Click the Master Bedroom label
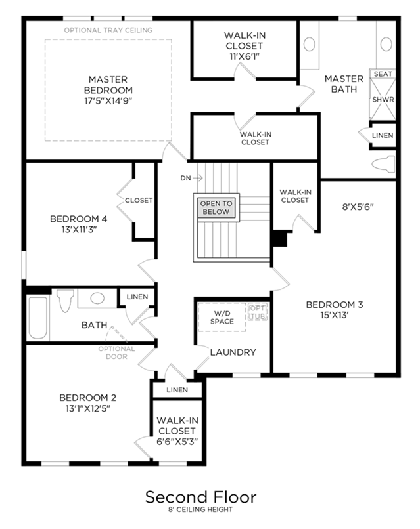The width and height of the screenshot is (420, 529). [108, 85]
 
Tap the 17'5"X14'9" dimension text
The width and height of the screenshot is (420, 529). [108, 101]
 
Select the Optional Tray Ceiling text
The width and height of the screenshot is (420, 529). [108, 30]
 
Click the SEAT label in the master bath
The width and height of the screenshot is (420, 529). [383, 74]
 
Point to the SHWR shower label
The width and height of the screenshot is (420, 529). [383, 100]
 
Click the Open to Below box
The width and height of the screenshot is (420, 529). [216, 207]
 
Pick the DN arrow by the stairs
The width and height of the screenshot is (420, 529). [198, 178]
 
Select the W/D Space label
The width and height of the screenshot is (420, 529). [222, 318]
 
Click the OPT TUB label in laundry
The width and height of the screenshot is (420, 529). [258, 312]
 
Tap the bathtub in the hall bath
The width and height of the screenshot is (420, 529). [38, 318]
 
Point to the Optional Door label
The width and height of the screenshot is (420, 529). [116, 352]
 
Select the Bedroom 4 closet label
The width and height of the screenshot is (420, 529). [139, 200]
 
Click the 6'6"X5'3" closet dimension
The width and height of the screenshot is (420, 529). [177, 442]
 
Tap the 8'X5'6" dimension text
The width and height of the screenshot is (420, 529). [358, 207]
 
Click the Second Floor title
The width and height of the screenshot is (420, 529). [200, 497]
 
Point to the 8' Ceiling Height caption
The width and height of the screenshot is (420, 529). [200, 509]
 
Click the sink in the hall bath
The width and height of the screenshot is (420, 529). [97, 298]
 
